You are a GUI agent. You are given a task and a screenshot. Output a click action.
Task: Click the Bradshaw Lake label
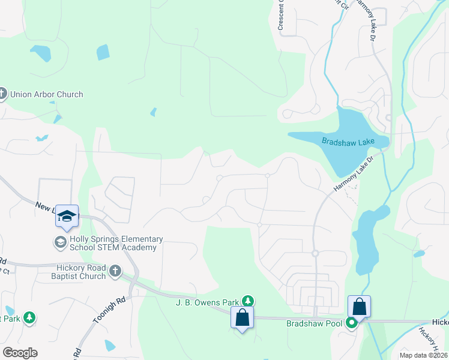348,142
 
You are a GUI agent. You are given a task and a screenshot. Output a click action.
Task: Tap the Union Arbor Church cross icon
2,94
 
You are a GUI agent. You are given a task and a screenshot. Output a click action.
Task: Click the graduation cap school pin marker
67,216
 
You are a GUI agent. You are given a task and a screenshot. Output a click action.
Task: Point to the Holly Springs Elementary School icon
60,242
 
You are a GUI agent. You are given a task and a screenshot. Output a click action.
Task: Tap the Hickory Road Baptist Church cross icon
115,271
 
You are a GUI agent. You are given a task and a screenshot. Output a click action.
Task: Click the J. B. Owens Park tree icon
248,301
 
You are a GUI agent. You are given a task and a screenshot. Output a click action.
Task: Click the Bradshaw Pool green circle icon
351,323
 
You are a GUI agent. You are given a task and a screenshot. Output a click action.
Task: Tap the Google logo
20,353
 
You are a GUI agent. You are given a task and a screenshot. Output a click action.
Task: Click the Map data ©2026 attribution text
423,355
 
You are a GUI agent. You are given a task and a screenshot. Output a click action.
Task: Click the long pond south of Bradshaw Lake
368,240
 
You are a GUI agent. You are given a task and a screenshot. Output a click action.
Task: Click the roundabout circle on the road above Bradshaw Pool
315,254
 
